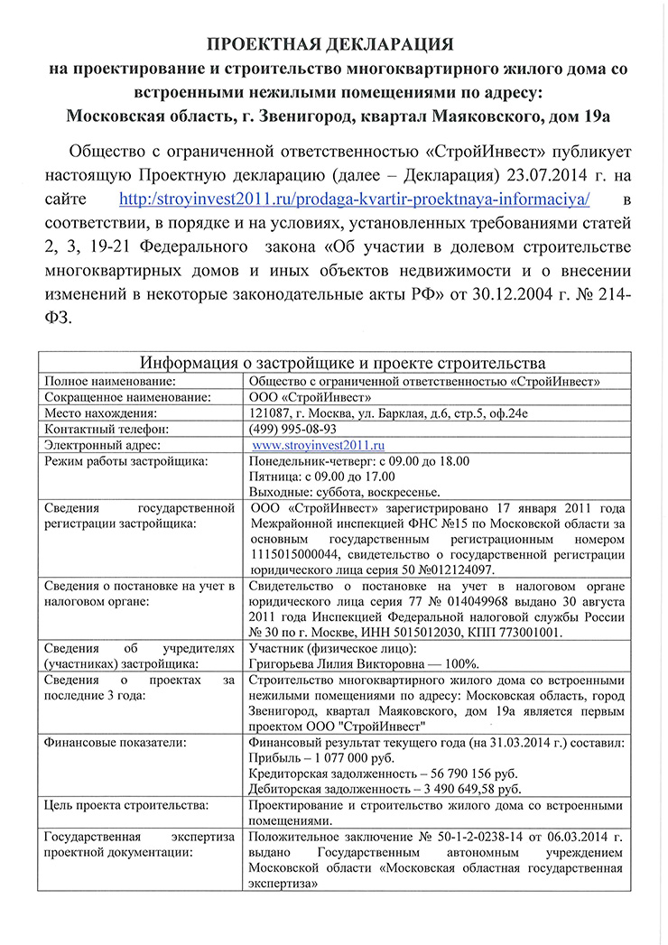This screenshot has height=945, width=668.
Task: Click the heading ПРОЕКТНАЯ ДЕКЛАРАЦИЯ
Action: point(331,43)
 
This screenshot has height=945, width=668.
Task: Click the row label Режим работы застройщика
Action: point(125,461)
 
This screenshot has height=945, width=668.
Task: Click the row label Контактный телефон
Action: point(107,429)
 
